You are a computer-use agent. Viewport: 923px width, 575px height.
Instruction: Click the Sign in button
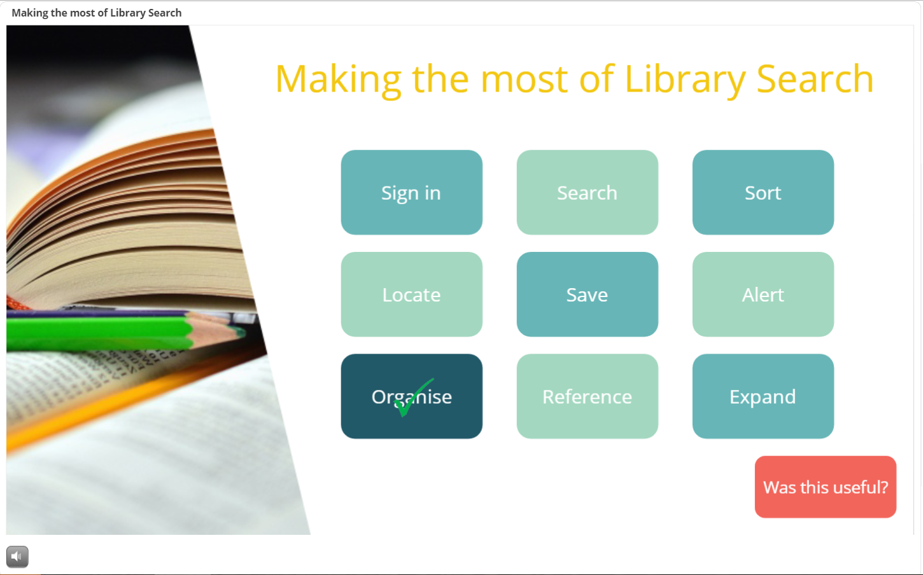click(412, 192)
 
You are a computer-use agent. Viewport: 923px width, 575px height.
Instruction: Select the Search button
click(587, 192)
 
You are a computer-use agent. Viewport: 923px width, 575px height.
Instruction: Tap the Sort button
click(763, 192)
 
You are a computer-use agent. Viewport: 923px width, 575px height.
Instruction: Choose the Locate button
click(412, 294)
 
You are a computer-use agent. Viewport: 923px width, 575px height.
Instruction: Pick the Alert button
click(763, 294)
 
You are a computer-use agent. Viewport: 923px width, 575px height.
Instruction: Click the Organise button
click(412, 396)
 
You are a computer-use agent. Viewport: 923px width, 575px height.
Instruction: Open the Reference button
click(587, 396)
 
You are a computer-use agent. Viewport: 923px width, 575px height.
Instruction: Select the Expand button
click(763, 396)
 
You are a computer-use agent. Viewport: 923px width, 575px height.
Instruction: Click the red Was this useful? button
click(826, 487)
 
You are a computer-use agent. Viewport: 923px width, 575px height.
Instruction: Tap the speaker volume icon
click(17, 557)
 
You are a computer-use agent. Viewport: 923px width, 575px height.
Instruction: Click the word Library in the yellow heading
click(685, 79)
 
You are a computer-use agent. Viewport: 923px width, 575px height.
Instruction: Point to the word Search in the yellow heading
click(815, 78)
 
